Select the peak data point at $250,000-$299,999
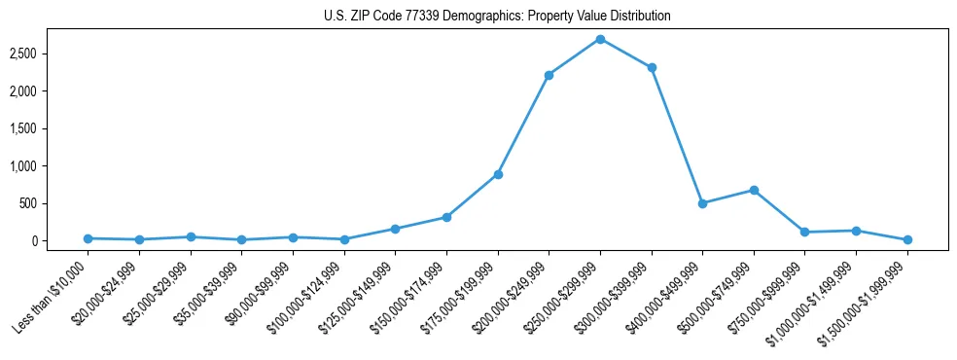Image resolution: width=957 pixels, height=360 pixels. pyautogui.click(x=600, y=39)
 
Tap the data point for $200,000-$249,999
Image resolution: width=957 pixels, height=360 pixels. pyautogui.click(x=549, y=75)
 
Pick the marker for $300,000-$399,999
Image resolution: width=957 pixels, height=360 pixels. pyautogui.click(x=652, y=68)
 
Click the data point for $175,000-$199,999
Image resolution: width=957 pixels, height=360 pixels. pyautogui.click(x=498, y=174)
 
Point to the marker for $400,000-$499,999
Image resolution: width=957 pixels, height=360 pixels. pyautogui.click(x=702, y=203)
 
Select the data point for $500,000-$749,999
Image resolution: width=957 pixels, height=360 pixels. pyautogui.click(x=754, y=191)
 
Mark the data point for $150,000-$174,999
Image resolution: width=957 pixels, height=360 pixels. pyautogui.click(x=446, y=217)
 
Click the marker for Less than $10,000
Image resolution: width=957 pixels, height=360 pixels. pyautogui.click(x=89, y=238)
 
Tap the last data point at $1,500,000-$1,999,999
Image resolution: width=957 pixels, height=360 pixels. pyautogui.click(x=907, y=239)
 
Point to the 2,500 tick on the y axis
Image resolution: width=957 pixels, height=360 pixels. pyautogui.click(x=49, y=54)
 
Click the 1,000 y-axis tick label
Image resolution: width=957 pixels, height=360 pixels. pyautogui.click(x=49, y=166)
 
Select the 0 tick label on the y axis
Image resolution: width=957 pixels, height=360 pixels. pyautogui.click(x=57, y=241)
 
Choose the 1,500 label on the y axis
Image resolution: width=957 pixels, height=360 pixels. pyautogui.click(x=49, y=128)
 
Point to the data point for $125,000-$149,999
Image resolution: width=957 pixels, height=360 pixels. pyautogui.click(x=395, y=229)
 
